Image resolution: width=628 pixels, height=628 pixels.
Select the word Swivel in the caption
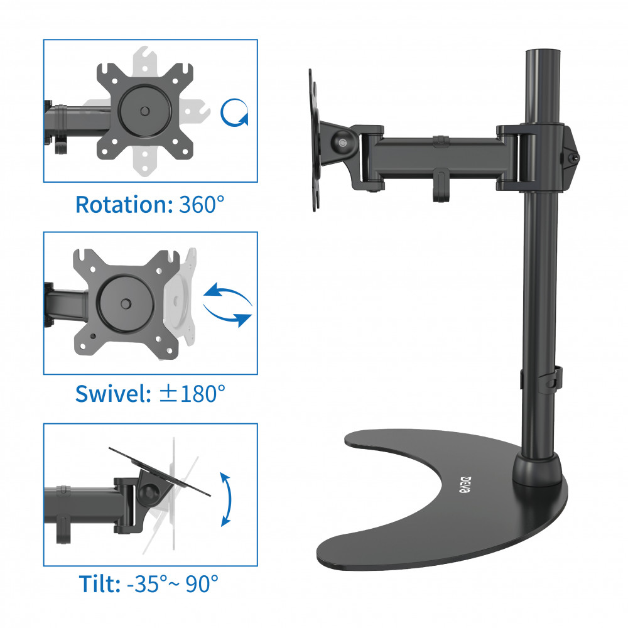(x=113, y=394)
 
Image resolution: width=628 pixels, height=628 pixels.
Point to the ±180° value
(x=192, y=394)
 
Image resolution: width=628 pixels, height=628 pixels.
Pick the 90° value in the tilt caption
(x=202, y=583)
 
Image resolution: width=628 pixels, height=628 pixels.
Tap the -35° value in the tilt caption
(x=146, y=583)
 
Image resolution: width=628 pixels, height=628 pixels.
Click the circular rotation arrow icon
(x=234, y=112)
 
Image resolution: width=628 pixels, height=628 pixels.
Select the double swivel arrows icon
(x=228, y=305)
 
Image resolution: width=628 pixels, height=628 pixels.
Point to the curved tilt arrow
(x=230, y=499)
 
